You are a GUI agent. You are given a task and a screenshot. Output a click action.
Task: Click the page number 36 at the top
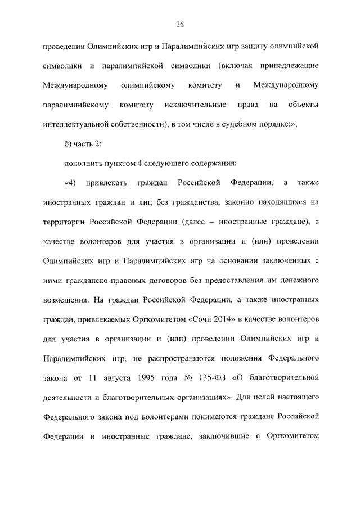(x=180, y=24)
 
